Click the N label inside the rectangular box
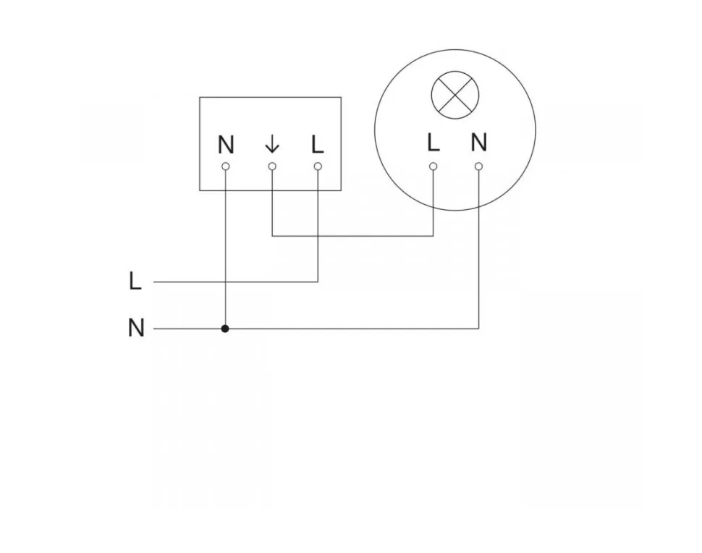tap(226, 145)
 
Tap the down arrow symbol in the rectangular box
tap(272, 145)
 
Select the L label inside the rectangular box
tap(317, 145)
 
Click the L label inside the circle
tap(433, 143)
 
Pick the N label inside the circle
tap(478, 143)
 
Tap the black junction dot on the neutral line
tap(226, 329)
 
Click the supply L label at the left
tap(135, 282)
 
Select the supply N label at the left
tap(136, 329)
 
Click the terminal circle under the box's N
tap(226, 166)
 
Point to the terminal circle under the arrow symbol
tap(272, 166)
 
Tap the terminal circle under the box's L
tap(318, 166)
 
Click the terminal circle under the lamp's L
tap(433, 166)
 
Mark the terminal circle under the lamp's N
tap(478, 166)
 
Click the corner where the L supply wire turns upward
tap(318, 282)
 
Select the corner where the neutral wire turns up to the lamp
tap(478, 329)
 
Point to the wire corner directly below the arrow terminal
tap(272, 236)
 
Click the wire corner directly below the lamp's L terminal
tap(433, 236)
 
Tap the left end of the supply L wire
tap(155, 282)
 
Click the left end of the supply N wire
tap(155, 329)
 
